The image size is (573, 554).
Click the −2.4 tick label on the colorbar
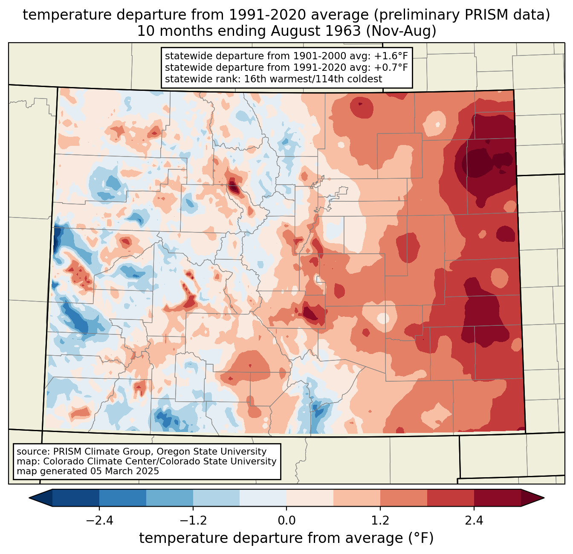click(99, 521)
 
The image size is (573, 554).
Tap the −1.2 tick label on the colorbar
click(193, 521)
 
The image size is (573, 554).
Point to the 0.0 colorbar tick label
click(286, 521)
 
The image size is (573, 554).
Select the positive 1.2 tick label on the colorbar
click(380, 521)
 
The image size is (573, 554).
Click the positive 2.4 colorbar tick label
click(474, 521)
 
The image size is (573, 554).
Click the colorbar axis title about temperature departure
click(286, 538)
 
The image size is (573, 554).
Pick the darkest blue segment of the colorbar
click(76, 498)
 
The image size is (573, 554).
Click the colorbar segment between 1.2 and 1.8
click(404, 498)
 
